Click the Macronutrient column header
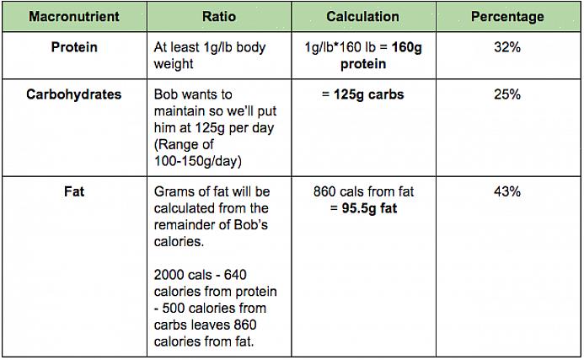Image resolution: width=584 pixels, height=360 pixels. (x=73, y=17)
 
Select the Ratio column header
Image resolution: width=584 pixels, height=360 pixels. (x=219, y=17)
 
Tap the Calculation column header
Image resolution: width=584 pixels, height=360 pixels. (x=362, y=17)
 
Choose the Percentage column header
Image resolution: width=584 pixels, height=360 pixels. (x=507, y=17)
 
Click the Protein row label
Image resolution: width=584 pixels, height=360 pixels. (x=74, y=48)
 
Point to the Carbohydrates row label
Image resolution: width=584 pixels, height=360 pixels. (x=74, y=94)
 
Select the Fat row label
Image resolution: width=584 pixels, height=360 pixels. (x=74, y=191)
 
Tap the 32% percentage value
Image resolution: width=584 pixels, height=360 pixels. (x=507, y=48)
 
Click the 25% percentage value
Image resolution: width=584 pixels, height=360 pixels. (x=507, y=94)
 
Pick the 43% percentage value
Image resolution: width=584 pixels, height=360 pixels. (x=507, y=191)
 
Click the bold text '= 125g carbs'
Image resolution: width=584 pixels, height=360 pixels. (x=362, y=94)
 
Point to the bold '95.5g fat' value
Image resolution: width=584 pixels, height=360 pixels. (x=367, y=208)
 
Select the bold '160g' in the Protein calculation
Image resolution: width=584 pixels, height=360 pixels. (x=406, y=48)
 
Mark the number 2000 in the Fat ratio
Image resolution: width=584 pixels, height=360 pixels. (x=170, y=274)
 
